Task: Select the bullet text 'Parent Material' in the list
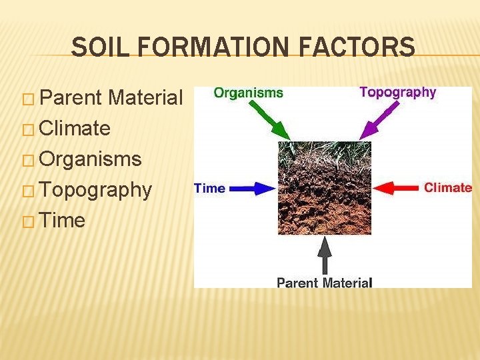coord(111,99)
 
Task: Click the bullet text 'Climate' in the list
coord(75,129)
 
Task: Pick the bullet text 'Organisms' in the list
coord(90,159)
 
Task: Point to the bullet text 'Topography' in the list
coord(95,190)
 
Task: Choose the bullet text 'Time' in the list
coord(62,221)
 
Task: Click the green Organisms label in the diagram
coord(248,93)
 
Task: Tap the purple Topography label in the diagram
coord(397,93)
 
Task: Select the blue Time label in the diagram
coord(209,188)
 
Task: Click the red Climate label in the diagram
coord(447,188)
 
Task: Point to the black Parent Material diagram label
coord(324,283)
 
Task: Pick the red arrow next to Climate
coord(396,188)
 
